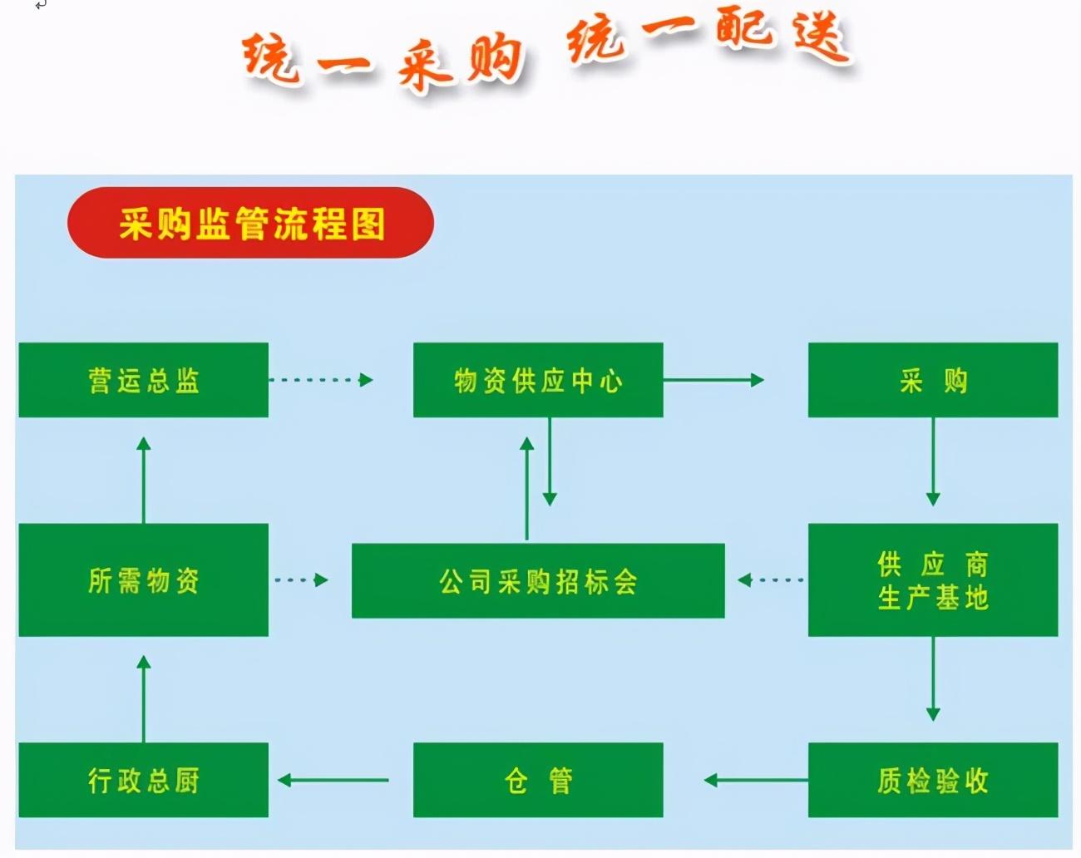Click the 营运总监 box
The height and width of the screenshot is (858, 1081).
(143, 380)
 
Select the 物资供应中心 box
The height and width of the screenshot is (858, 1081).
(538, 380)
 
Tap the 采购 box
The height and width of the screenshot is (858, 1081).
(932, 380)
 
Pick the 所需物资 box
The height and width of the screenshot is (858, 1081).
(143, 579)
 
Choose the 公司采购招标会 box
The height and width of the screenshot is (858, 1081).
(538, 580)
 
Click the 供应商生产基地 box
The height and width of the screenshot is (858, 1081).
(932, 579)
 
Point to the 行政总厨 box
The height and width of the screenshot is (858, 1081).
(143, 780)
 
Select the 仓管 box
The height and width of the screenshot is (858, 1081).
(538, 780)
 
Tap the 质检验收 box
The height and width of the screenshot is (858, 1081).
(932, 780)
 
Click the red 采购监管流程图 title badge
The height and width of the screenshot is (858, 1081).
(250, 223)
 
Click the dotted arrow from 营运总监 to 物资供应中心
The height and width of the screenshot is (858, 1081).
(321, 380)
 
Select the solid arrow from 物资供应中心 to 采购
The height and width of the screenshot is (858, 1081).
(713, 380)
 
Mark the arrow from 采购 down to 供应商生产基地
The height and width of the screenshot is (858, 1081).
(932, 461)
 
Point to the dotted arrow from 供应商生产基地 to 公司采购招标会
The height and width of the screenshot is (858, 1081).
(770, 579)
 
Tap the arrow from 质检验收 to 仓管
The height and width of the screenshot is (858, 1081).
(755, 780)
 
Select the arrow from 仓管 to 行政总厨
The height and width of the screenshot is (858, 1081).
(333, 780)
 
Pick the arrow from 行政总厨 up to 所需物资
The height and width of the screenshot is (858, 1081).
(144, 698)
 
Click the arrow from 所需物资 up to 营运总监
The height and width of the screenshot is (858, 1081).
(144, 480)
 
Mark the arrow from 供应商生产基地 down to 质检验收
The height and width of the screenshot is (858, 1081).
(932, 678)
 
